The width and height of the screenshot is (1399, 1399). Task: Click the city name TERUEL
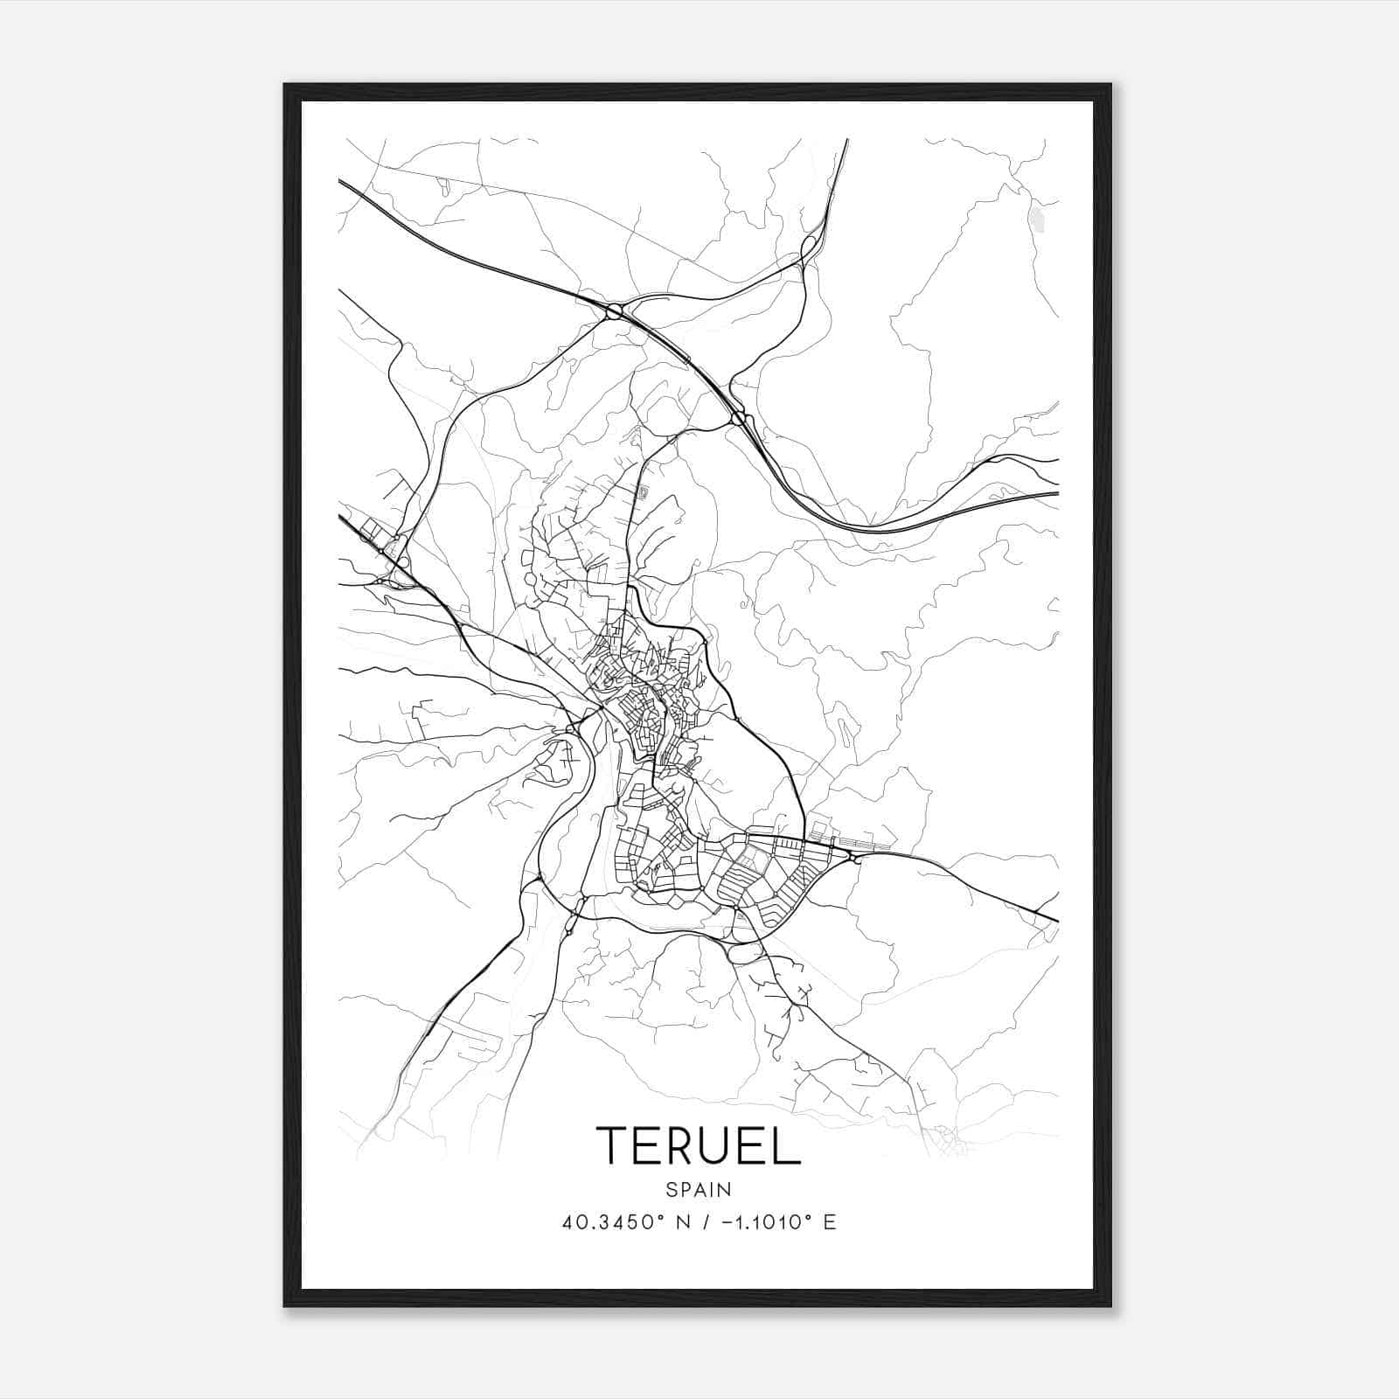click(698, 1145)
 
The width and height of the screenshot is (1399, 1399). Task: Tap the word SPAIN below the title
click(698, 1189)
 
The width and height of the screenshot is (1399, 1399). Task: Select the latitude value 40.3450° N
click(622, 1222)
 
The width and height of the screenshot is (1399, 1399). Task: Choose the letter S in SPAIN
click(671, 1189)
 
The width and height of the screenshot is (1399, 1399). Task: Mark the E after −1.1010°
click(830, 1222)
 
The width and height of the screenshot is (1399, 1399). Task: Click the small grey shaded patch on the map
click(1037, 219)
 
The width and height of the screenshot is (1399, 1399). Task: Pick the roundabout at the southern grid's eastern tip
click(853, 857)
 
